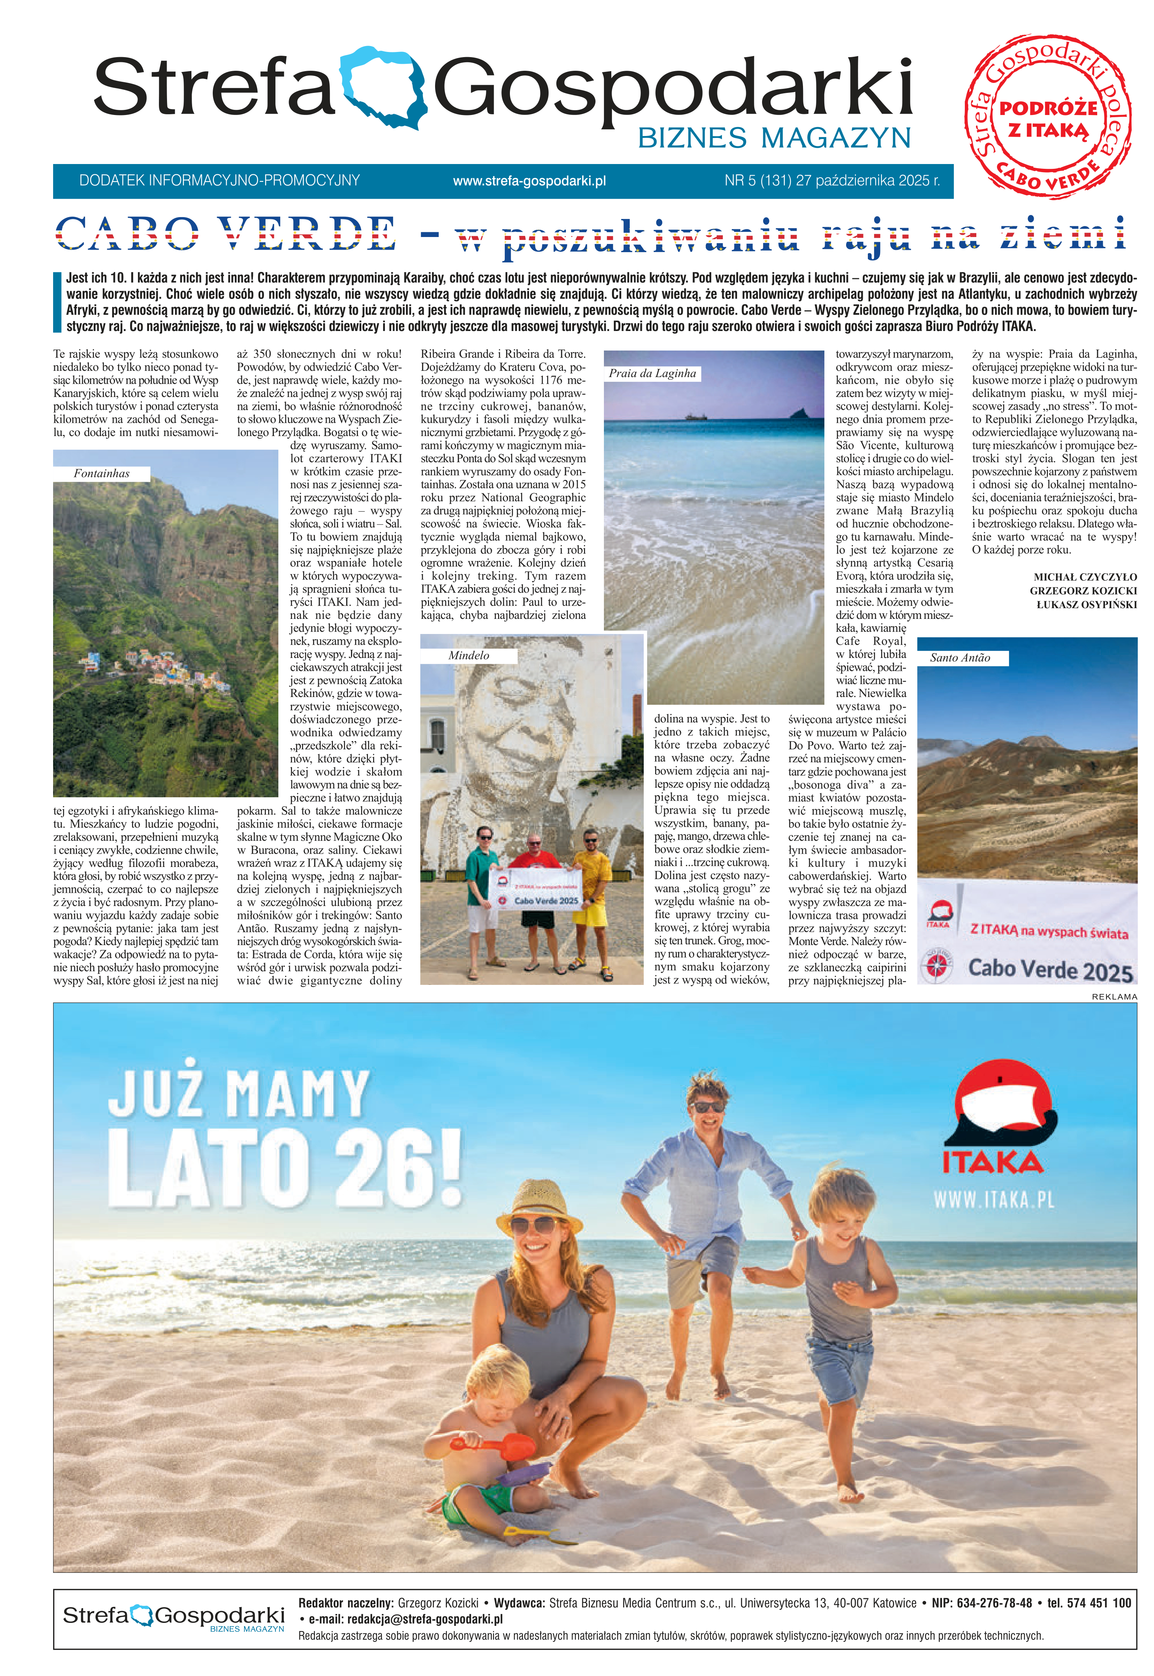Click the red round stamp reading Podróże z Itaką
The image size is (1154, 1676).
pyautogui.click(x=1049, y=116)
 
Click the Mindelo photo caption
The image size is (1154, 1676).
pyautogui.click(x=469, y=655)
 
